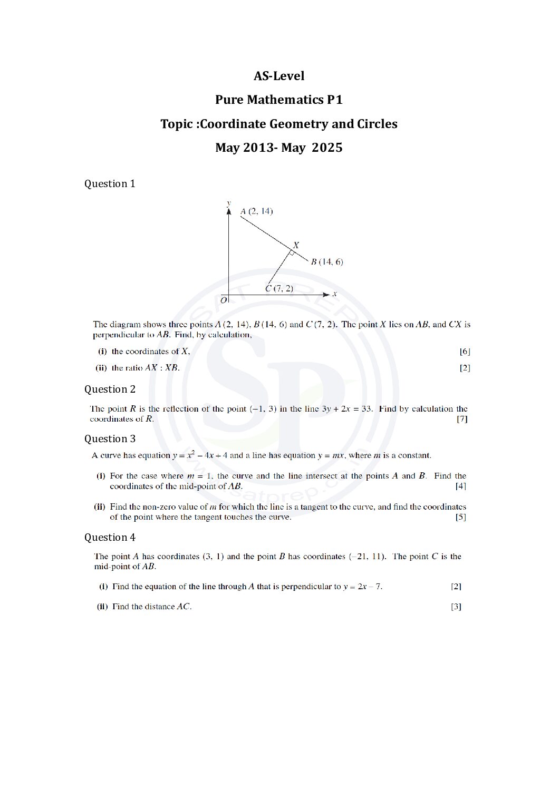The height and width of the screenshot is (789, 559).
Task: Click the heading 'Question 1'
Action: [x=110, y=184]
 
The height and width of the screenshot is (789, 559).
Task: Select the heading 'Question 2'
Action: [x=110, y=389]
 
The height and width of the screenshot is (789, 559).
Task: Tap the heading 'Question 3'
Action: [x=110, y=439]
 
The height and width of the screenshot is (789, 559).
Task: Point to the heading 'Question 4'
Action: [x=110, y=538]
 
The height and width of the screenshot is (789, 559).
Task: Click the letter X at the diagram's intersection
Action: [x=296, y=245]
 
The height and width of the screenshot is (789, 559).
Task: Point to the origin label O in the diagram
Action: [x=224, y=300]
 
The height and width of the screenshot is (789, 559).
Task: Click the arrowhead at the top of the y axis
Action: [x=228, y=211]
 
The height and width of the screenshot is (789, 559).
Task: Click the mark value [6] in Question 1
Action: [x=465, y=352]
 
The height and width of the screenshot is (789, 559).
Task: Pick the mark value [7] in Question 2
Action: [x=462, y=420]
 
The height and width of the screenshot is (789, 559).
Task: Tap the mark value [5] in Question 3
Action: [x=461, y=518]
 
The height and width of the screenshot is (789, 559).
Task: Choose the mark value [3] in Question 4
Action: [x=456, y=607]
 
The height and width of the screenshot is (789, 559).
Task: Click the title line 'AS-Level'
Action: [x=279, y=76]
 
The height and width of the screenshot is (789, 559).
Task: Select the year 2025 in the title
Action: [x=327, y=148]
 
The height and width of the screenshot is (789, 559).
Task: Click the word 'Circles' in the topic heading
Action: [x=377, y=124]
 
